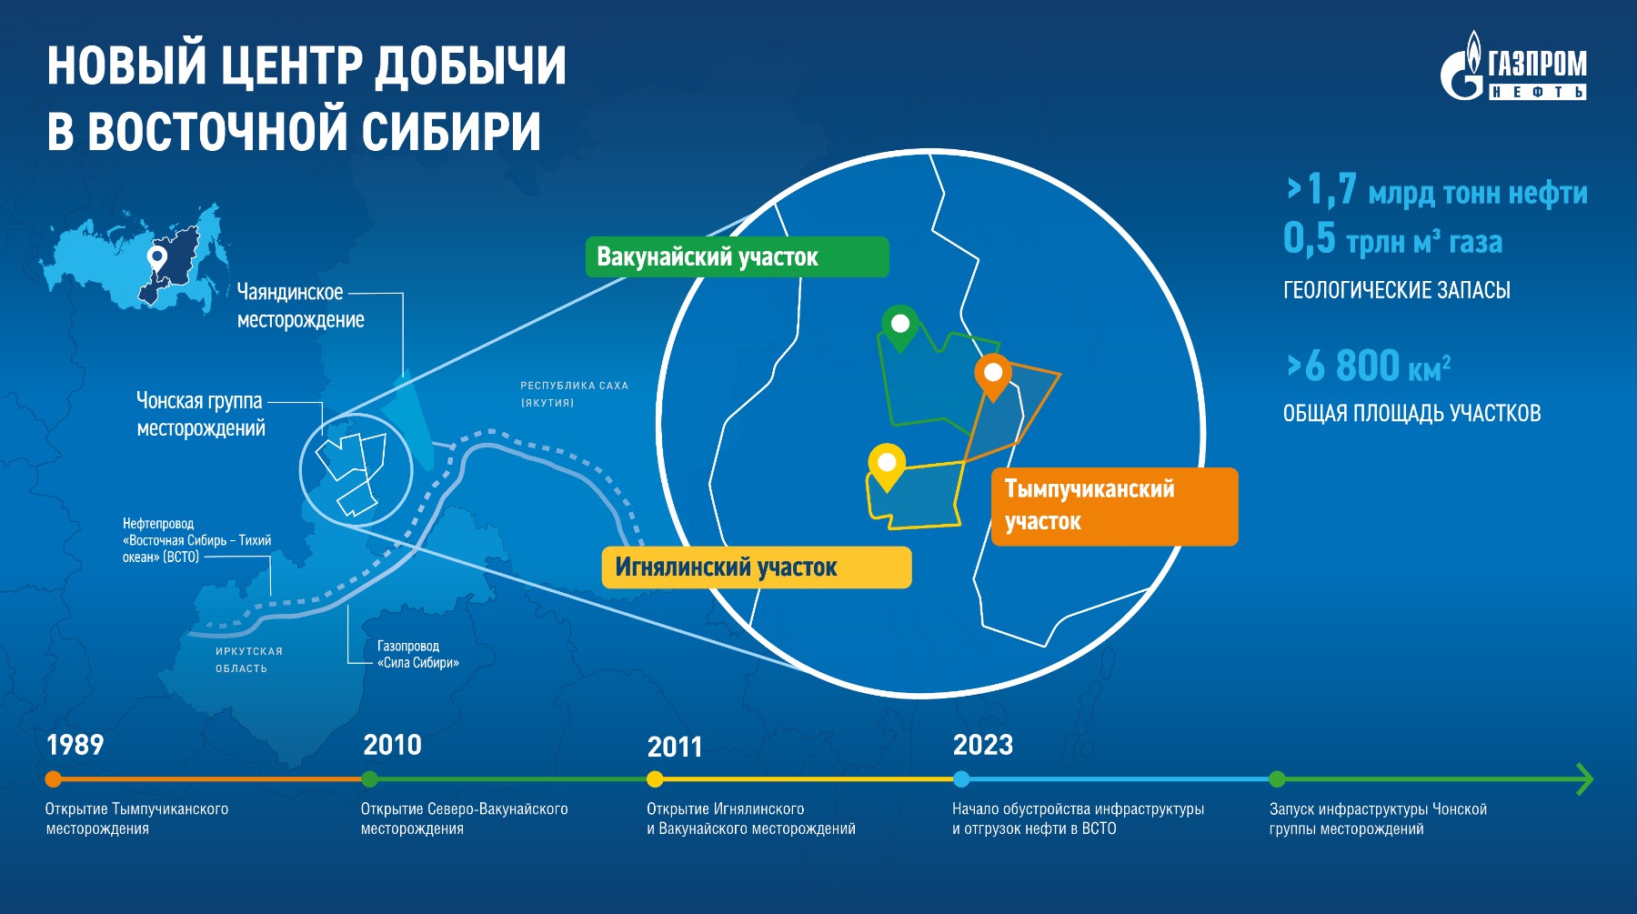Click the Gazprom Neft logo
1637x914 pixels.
pos(1514,65)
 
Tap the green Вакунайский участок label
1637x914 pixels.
pos(737,256)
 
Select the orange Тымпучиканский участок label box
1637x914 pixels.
pos(1114,507)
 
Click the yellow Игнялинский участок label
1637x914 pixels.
pos(757,567)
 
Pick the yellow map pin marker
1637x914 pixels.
pos(887,467)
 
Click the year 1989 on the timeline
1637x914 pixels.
pos(75,745)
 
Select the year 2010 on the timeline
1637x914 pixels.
pos(392,745)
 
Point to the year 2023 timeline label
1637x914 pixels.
pos(982,745)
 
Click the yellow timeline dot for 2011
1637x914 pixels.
pos(655,778)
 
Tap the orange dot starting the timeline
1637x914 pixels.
pos(54,778)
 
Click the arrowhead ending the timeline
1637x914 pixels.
pos(1586,778)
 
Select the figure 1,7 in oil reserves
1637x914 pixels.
pos(1331,189)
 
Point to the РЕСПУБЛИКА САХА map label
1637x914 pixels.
pos(574,394)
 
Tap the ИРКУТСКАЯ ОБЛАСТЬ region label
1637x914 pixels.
pos(249,659)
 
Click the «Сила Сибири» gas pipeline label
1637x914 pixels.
pos(418,654)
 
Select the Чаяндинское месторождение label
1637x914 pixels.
pos(300,306)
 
